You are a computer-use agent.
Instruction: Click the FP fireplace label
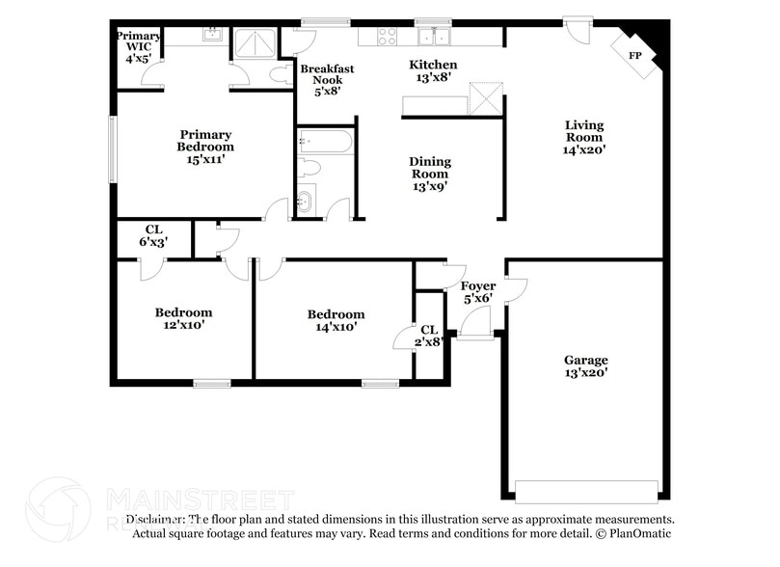coord(635,56)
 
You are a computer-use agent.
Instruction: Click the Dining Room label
coord(430,175)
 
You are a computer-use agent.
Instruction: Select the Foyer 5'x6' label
coord(478,292)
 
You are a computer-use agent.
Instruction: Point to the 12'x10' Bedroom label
coord(184,319)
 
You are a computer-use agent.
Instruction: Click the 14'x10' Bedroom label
coord(336,320)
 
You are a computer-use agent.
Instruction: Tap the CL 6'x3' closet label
coord(153,236)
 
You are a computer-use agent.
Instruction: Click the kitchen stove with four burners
coord(387,37)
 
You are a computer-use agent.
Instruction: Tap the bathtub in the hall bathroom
coord(325,143)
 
